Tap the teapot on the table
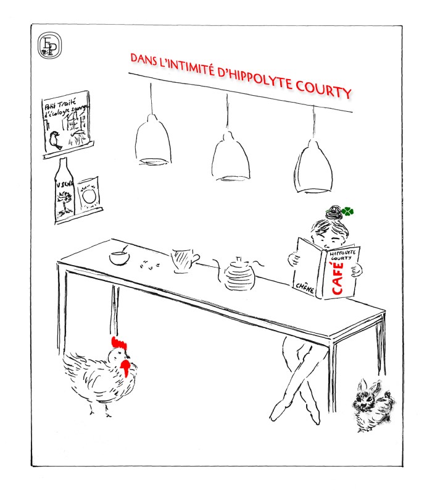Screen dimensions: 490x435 click(x=238, y=274)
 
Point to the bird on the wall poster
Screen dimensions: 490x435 click(x=57, y=142)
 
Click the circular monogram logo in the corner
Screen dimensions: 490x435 click(x=48, y=46)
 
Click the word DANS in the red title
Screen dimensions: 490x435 click(x=141, y=59)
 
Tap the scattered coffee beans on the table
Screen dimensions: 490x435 click(x=148, y=264)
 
